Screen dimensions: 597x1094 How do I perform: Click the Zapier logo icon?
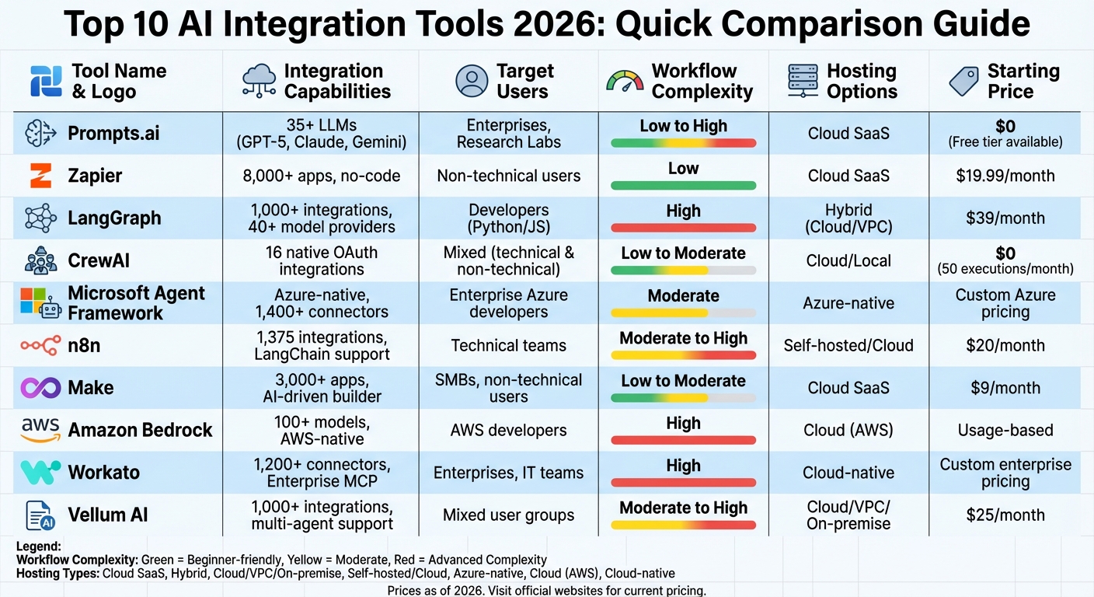click(x=40, y=176)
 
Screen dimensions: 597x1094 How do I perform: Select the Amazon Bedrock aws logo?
click(x=40, y=429)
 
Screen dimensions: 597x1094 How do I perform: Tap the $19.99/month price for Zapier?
click(x=1005, y=176)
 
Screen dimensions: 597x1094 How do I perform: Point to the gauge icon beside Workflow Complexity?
click(x=624, y=82)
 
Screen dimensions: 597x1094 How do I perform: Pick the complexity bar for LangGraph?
click(x=683, y=228)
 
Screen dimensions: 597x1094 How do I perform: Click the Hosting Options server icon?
click(x=803, y=82)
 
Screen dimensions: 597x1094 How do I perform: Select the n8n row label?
click(x=84, y=345)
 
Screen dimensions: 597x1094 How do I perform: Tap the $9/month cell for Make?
click(x=1005, y=387)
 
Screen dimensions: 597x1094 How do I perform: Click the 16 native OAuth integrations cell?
click(x=321, y=260)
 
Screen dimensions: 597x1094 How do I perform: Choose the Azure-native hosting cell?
click(x=848, y=303)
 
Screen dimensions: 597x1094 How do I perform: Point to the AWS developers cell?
click(x=508, y=430)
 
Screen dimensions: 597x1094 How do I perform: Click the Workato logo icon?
click(x=40, y=472)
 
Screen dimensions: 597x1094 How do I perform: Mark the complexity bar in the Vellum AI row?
click(x=683, y=525)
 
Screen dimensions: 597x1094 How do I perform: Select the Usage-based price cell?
click(x=1005, y=430)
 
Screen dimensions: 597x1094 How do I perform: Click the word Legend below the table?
click(x=39, y=547)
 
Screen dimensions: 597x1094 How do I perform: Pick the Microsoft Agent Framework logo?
click(x=40, y=303)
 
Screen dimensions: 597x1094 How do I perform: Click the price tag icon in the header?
click(x=963, y=82)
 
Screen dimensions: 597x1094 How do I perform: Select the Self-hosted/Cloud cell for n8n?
click(x=848, y=345)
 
